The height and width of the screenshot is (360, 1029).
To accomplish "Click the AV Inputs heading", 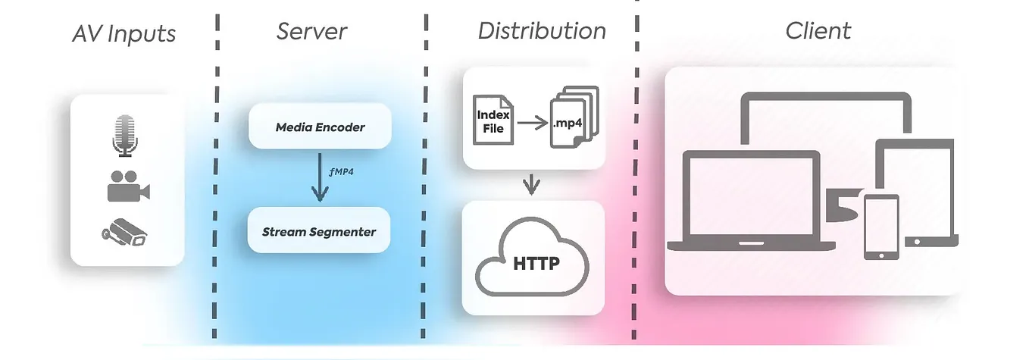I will coord(124,34).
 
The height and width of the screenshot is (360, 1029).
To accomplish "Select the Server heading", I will coord(311,31).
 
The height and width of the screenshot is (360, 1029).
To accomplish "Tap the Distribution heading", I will coord(541,31).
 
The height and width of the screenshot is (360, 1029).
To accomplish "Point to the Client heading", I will coord(818,31).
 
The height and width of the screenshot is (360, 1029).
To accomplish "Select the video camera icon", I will coord(127,186).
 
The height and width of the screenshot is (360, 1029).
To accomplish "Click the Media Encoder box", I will coord(319,127).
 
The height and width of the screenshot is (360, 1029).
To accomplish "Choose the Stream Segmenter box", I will coord(318,232).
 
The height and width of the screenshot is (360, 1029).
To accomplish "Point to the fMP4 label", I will coord(342,172).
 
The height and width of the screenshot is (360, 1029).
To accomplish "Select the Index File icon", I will coord(493,119).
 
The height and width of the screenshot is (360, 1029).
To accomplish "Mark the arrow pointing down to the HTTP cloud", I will coord(533,184).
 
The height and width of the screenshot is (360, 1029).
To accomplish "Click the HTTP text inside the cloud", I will coord(536,264).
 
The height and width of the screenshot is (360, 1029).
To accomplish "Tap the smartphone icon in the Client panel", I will coord(880,227).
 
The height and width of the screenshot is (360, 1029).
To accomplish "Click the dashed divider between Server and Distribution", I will coord(425,182).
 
